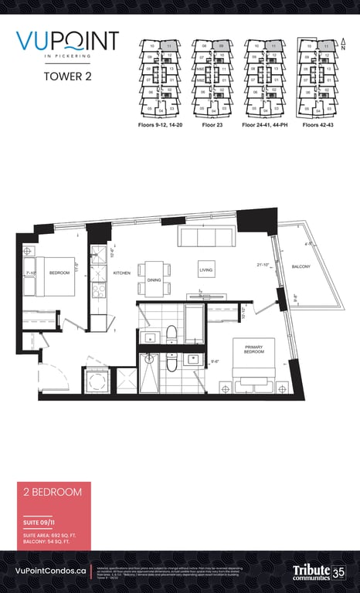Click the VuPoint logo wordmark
pyautogui.click(x=68, y=42)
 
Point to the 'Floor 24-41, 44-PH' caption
pyautogui.click(x=265, y=124)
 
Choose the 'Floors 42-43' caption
pyautogui.click(x=316, y=124)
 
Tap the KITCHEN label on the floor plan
pyautogui.click(x=122, y=273)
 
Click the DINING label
pyautogui.click(x=153, y=280)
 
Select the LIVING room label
pyautogui.click(x=205, y=270)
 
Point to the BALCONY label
pyautogui.click(x=301, y=266)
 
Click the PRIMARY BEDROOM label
pyautogui.click(x=254, y=350)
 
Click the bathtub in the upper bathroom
pyautogui.click(x=194, y=322)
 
